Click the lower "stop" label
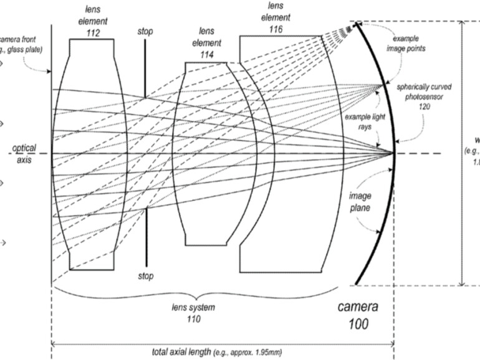click(x=146, y=275)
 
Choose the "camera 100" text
click(x=358, y=315)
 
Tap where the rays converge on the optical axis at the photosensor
click(x=393, y=153)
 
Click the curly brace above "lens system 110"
click(x=194, y=294)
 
